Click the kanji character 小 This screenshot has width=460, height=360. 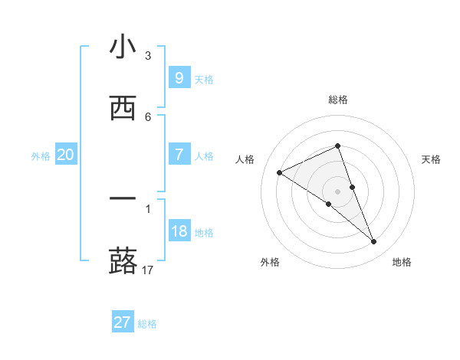click(123, 47)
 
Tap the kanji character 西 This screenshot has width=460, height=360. click(123, 108)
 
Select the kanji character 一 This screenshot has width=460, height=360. click(123, 199)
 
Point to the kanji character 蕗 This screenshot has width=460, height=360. click(123, 260)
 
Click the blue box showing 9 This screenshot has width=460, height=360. click(179, 77)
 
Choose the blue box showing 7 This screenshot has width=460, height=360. click(179, 155)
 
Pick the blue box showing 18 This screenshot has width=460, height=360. click(179, 231)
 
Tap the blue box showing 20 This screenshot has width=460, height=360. click(65, 155)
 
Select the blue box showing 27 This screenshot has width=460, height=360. click(123, 322)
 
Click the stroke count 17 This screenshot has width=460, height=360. click(148, 270)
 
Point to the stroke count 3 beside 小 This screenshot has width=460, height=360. click(147, 56)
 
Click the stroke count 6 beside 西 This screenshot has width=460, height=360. click(147, 116)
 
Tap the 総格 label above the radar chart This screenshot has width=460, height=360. click(338, 100)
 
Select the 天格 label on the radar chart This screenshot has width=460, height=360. click(431, 159)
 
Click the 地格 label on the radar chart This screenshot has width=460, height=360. click(402, 262)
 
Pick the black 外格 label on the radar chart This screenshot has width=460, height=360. click(270, 262)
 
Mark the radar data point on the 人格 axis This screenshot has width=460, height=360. click(279, 172)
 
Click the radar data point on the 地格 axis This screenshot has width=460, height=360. click(374, 242)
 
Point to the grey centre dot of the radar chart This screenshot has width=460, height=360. click(337, 191)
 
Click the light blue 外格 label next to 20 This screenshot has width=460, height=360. click(41, 155)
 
